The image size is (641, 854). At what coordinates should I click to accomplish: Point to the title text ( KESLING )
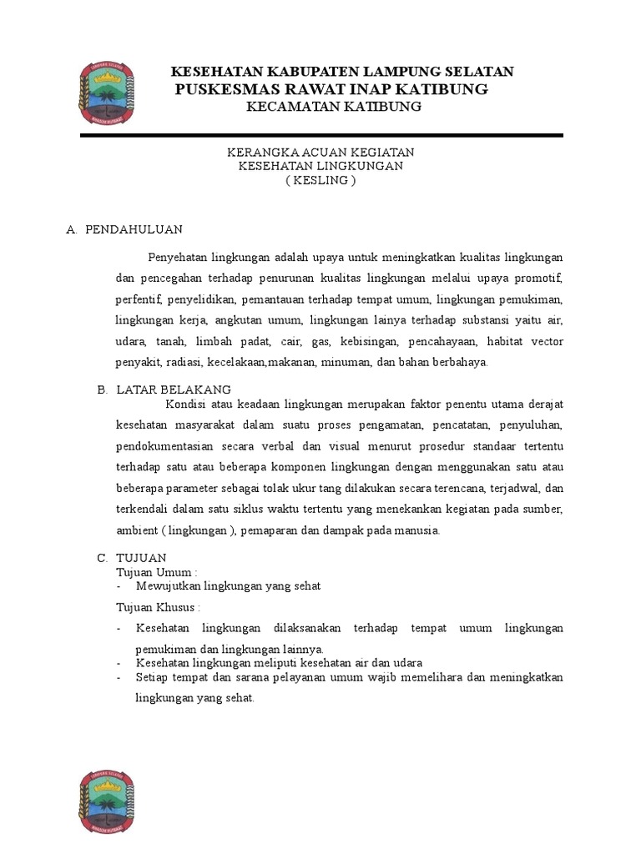[320, 180]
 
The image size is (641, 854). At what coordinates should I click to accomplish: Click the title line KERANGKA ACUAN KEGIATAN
[320, 153]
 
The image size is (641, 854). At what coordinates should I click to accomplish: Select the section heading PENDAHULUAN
[134, 229]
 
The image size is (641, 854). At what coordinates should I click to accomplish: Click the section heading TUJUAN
[142, 557]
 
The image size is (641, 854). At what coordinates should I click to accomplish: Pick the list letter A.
[70, 229]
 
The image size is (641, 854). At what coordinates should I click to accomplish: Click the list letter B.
[102, 389]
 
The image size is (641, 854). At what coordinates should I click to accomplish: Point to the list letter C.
[102, 557]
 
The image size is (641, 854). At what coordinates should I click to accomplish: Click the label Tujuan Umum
[155, 572]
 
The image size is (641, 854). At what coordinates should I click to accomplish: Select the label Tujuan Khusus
[157, 606]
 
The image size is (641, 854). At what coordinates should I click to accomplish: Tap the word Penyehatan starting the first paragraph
[177, 256]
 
